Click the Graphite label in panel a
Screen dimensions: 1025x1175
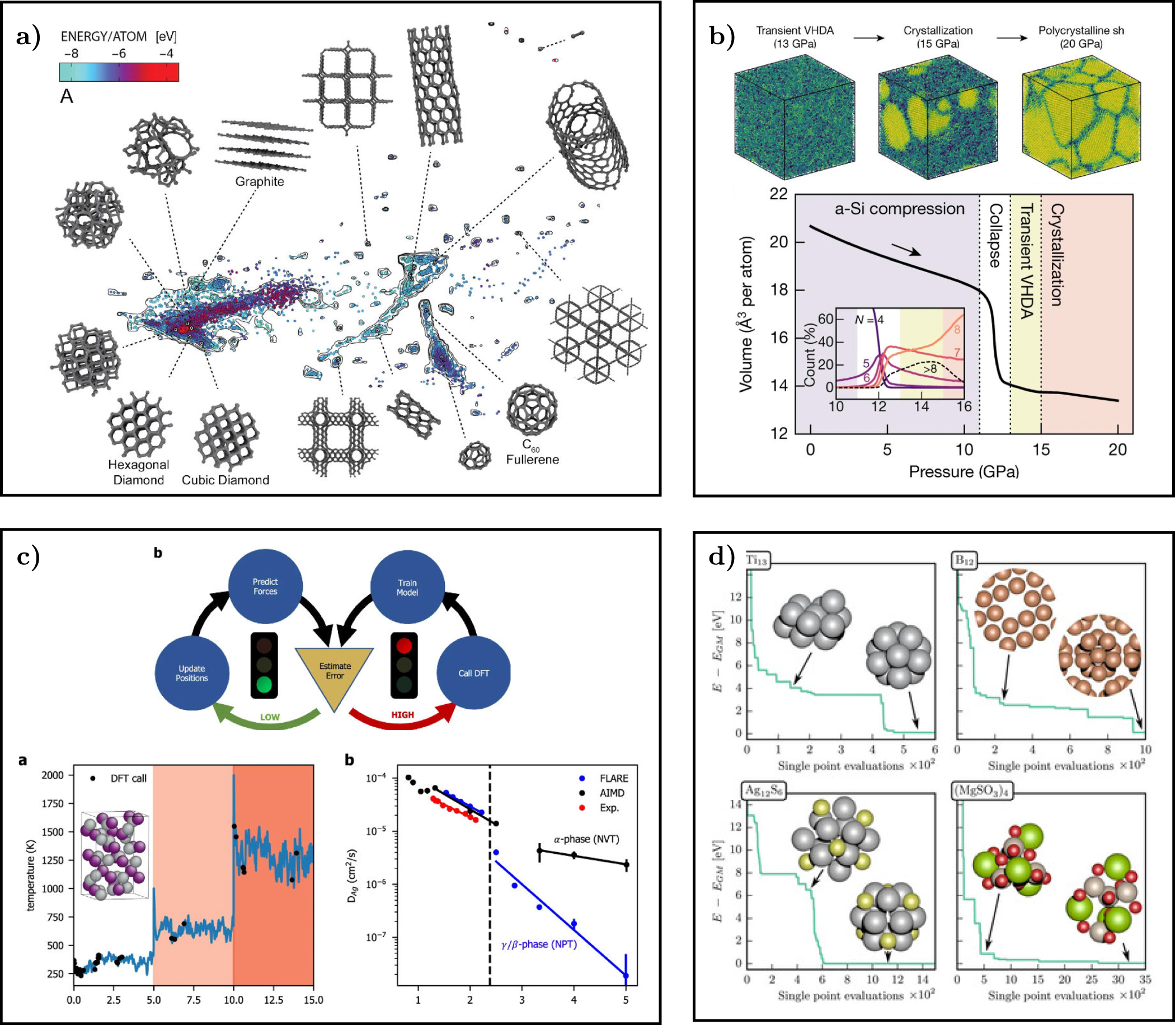[260, 181]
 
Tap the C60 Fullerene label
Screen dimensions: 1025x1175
[532, 452]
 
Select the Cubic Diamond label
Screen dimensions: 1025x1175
[225, 480]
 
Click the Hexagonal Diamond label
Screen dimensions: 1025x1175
[138, 472]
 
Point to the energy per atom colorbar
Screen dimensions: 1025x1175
[119, 72]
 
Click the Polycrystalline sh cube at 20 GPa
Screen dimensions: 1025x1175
[1080, 116]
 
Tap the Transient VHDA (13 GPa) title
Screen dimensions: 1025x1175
[794, 36]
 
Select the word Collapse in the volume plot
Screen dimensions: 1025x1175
[995, 235]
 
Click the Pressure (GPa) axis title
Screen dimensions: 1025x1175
[963, 472]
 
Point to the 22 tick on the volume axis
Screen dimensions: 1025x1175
[778, 194]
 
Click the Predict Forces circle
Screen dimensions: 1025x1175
[265, 586]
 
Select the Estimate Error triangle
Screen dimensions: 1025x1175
[335, 673]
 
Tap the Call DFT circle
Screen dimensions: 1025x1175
[473, 673]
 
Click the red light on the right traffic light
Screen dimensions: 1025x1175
[403, 646]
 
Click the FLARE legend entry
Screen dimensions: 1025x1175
[613, 779]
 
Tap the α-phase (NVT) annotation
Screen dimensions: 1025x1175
[586, 839]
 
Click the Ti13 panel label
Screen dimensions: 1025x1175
[756, 560]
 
